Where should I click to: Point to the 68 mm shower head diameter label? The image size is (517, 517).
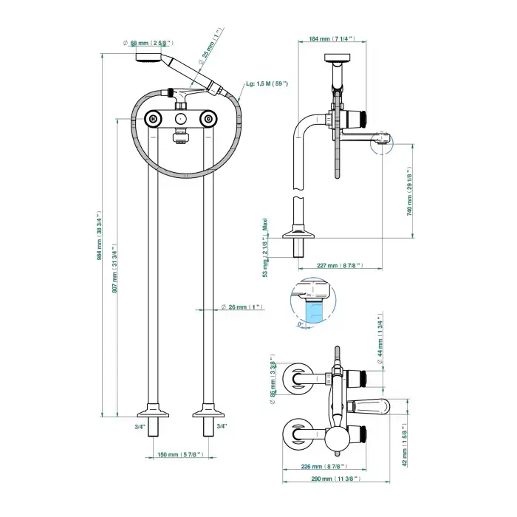pos(149,43)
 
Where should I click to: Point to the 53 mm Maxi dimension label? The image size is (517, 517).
pos(266,249)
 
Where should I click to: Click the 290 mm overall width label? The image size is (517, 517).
pos(338,479)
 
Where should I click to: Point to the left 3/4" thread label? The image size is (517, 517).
pos(140,427)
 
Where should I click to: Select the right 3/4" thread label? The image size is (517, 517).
pos(222,427)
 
